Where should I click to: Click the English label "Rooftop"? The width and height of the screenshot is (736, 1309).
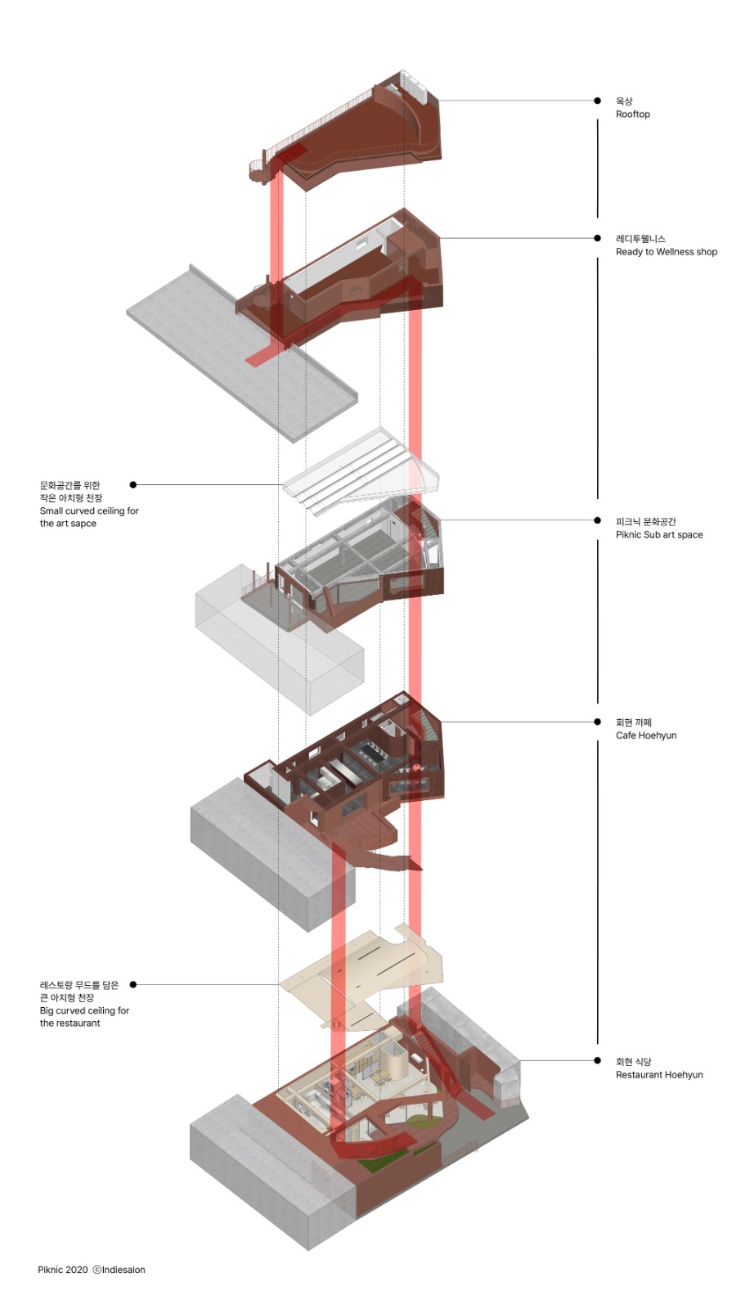pos(632,115)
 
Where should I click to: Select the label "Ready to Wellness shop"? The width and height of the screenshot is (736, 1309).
pos(666,252)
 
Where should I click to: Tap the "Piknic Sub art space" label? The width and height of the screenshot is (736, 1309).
pos(658,535)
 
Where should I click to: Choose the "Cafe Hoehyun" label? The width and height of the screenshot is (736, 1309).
pos(645,735)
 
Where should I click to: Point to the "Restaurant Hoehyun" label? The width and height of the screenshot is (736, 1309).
pos(658,1075)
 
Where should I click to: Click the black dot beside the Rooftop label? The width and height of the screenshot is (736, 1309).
pos(598,101)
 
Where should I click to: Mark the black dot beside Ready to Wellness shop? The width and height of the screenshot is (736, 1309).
pos(598,238)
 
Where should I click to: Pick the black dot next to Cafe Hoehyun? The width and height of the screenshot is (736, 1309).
pos(598,722)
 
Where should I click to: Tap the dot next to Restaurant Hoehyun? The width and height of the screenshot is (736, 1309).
pos(598,1060)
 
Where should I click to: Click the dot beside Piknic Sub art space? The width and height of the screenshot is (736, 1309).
pos(598,520)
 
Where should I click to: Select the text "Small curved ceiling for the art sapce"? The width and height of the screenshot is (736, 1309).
pos(88,517)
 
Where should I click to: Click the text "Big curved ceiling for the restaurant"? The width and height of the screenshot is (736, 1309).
pos(83,1017)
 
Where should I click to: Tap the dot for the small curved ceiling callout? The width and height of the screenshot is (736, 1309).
pos(133,485)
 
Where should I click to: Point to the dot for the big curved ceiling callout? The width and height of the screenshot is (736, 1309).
pos(133,984)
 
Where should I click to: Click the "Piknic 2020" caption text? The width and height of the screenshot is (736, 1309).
pos(62,1270)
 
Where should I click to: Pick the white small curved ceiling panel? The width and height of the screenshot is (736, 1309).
pos(360,470)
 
